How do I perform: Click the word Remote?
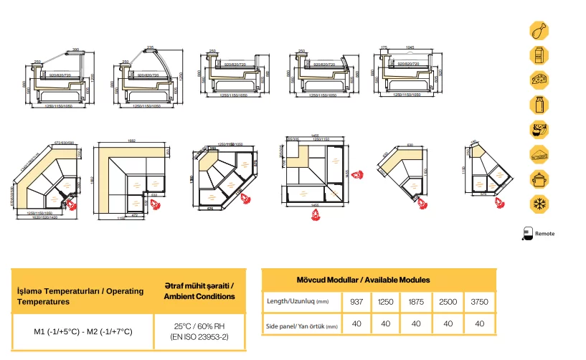(x=544, y=233)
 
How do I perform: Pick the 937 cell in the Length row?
(x=356, y=302)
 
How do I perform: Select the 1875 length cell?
(x=415, y=302)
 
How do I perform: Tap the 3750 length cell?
(x=478, y=302)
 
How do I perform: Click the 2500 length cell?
(x=448, y=302)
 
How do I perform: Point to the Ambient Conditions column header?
(x=199, y=291)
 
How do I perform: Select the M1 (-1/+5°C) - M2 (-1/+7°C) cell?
(x=83, y=331)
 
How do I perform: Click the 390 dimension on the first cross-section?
(x=76, y=50)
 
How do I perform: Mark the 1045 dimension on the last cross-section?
(x=410, y=47)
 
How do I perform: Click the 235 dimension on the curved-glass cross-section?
(x=151, y=48)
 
